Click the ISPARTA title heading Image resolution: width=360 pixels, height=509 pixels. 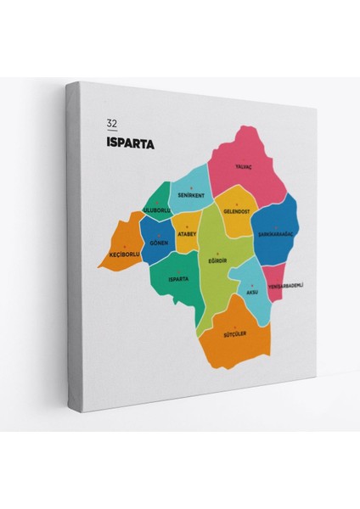coord(130,143)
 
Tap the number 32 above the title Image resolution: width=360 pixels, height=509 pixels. coord(111,123)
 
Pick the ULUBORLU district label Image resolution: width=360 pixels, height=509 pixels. coord(157,209)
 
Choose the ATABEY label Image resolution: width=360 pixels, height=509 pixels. coord(187,234)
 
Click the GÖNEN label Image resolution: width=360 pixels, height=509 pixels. coord(158,243)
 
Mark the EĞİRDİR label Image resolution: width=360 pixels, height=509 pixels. coord(218,260)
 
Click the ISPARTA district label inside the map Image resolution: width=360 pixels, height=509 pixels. coord(177,278)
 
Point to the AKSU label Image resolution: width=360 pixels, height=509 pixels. coord(251,292)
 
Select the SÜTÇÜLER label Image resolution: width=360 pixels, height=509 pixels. coord(234,333)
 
